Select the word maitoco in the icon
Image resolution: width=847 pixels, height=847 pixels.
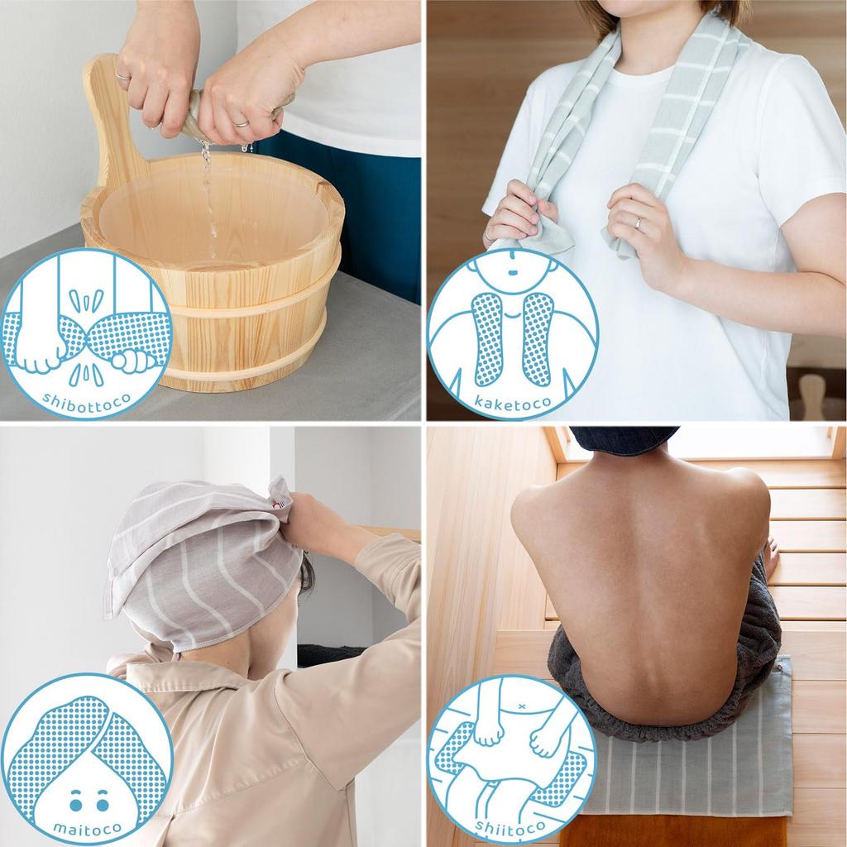click(x=86, y=827)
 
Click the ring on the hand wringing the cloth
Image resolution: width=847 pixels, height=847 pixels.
click(x=240, y=122)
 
